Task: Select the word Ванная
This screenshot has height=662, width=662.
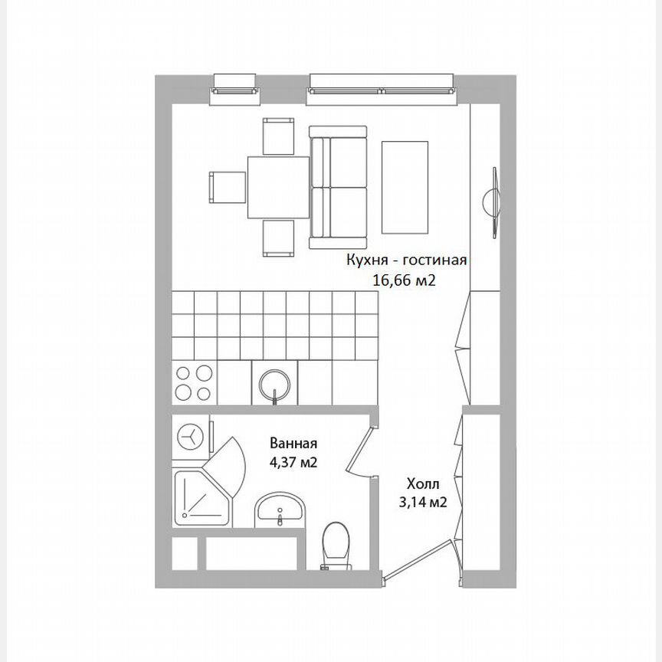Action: (293, 443)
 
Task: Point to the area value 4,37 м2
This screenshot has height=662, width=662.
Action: (293, 462)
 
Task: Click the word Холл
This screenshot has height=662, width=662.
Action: (424, 483)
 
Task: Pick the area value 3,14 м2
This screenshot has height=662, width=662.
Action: (424, 503)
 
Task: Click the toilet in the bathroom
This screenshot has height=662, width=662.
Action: (335, 545)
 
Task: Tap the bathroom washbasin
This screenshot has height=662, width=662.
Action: (280, 510)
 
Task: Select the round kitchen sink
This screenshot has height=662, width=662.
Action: (274, 382)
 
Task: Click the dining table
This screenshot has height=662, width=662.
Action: (277, 186)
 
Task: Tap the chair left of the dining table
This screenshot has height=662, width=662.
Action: (226, 186)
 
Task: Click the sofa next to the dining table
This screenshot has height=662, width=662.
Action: (339, 188)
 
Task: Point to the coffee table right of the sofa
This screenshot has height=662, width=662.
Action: (407, 188)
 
